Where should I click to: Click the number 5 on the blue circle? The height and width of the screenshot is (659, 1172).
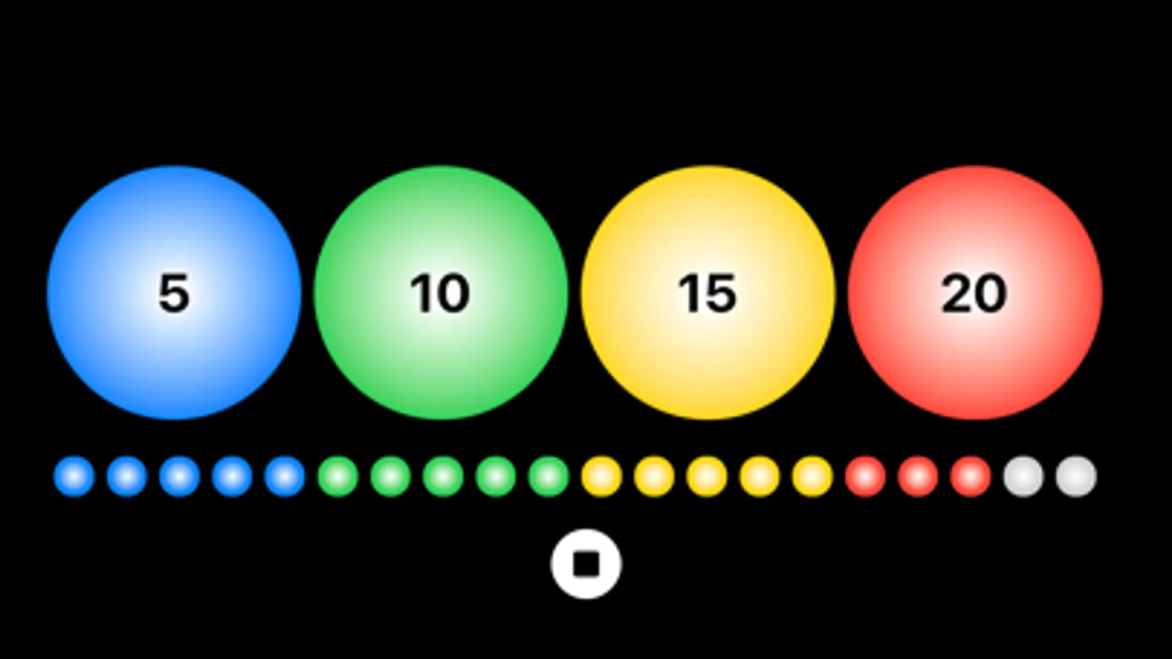pyautogui.click(x=174, y=293)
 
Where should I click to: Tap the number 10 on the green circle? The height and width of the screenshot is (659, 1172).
pyautogui.click(x=440, y=293)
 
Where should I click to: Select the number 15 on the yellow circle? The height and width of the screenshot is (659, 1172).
pyautogui.click(x=707, y=293)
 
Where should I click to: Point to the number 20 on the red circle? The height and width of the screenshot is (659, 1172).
pyautogui.click(x=973, y=293)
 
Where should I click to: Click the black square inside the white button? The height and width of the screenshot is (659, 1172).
pyautogui.click(x=586, y=564)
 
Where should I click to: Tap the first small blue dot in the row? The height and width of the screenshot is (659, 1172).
pyautogui.click(x=74, y=476)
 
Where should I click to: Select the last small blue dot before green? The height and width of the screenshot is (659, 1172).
pyautogui.click(x=285, y=476)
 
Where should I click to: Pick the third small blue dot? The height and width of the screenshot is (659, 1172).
pyautogui.click(x=180, y=476)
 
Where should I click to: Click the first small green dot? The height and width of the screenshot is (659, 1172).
pyautogui.click(x=338, y=476)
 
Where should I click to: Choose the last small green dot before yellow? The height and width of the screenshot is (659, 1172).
pyautogui.click(x=549, y=476)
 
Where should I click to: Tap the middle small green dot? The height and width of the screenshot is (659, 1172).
pyautogui.click(x=443, y=476)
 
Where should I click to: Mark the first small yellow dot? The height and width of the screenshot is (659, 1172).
pyautogui.click(x=602, y=476)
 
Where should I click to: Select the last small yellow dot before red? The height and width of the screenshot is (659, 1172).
pyautogui.click(x=813, y=476)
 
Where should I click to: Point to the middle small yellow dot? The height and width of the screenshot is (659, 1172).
pyautogui.click(x=707, y=476)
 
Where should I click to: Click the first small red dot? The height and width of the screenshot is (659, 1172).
pyautogui.click(x=866, y=476)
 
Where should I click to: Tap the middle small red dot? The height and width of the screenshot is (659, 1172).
pyautogui.click(x=918, y=476)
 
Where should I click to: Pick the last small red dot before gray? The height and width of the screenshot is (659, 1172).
pyautogui.click(x=970, y=476)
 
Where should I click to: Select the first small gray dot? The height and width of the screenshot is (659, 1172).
pyautogui.click(x=1024, y=476)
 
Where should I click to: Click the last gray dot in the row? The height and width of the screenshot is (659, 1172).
pyautogui.click(x=1076, y=476)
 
